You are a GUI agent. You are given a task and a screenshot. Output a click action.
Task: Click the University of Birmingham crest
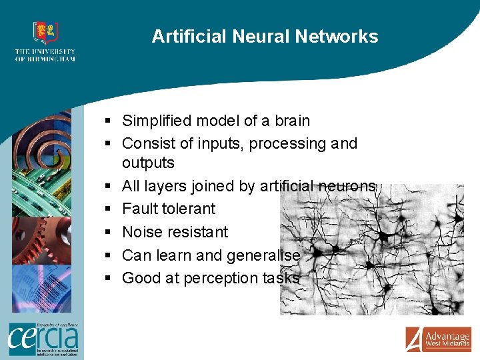pos(45,33)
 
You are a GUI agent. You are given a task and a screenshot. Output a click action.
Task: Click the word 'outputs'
pos(148,163)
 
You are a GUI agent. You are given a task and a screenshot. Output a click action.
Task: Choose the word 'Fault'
pos(139,209)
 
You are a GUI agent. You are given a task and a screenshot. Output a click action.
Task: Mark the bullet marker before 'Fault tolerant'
pos(107,209)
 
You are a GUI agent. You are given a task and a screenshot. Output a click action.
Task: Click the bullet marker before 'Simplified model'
pos(107,121)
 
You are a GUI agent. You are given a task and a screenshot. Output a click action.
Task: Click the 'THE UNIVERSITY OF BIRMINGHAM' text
pos(45,55)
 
